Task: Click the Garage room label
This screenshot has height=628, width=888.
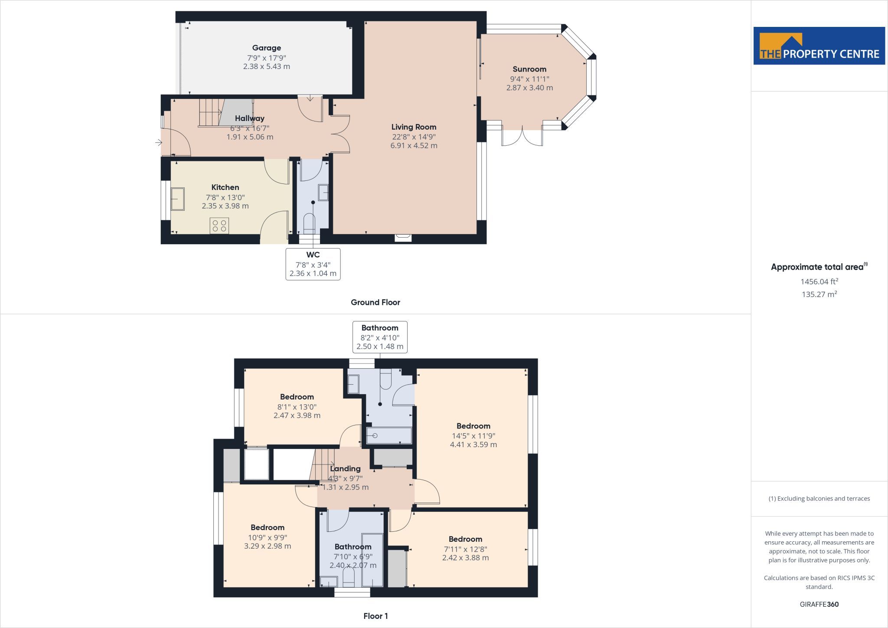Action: [x=267, y=48]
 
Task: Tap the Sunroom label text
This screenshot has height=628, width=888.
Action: [x=529, y=69]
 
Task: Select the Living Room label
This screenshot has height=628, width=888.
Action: [x=414, y=127]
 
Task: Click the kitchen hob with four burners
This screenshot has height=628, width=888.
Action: [x=219, y=226]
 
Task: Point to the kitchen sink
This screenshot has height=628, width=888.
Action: [x=177, y=199]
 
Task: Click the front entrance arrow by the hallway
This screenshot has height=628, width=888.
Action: [x=159, y=142]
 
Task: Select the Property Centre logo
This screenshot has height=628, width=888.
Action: [x=819, y=46]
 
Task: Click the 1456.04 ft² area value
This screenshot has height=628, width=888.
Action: [x=819, y=281]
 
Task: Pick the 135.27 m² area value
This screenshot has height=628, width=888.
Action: [x=819, y=294]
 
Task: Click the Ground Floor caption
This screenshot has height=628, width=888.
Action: [x=375, y=302]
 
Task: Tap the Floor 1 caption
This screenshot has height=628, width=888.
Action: [x=375, y=616]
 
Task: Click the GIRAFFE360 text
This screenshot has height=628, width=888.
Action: [x=819, y=604]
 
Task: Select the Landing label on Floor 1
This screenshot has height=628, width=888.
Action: [x=345, y=469]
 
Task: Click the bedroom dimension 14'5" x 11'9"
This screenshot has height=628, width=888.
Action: [x=473, y=436]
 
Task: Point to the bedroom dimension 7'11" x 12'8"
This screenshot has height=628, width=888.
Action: [x=465, y=549]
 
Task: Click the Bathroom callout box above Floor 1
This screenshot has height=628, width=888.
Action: [x=380, y=337]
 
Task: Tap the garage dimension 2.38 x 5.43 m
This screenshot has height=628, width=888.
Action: [x=267, y=66]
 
